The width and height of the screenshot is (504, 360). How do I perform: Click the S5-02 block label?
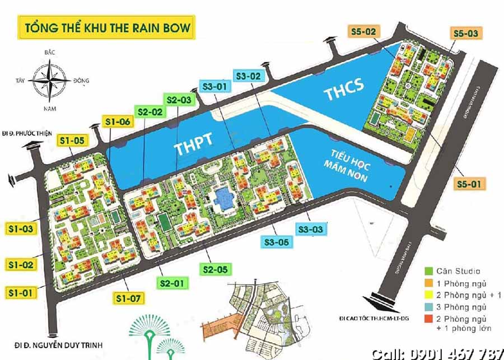click(363, 32)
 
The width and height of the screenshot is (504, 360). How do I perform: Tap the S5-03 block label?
click(465, 34)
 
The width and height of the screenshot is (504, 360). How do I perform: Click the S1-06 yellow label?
click(118, 121)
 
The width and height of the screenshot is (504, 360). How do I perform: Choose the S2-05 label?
click(216, 270)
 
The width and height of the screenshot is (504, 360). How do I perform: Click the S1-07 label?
click(128, 298)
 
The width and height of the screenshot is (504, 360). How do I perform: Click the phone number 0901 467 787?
click(437, 353)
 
